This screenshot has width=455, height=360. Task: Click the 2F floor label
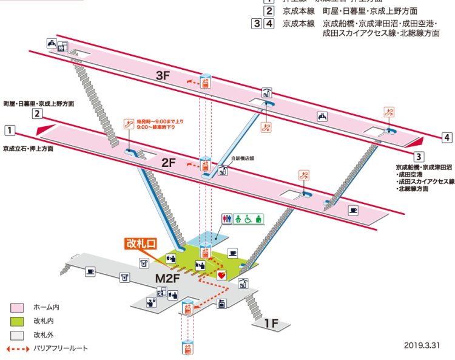168,162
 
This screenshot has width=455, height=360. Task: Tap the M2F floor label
169,279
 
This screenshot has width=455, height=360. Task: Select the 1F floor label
271,324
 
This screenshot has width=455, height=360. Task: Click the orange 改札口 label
141,243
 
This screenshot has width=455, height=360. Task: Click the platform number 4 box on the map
447,138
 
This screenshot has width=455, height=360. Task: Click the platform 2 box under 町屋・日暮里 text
37,114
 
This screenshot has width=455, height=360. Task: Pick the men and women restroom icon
226,218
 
